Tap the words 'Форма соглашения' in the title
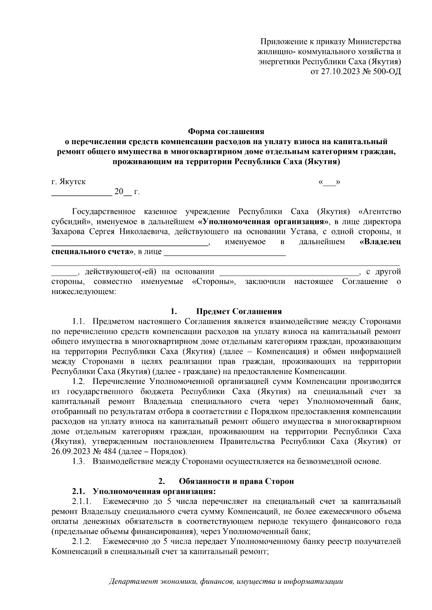226,132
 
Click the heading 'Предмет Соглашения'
239,311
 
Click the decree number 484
110,451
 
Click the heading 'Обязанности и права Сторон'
236,481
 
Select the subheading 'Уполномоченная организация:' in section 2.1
154,491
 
